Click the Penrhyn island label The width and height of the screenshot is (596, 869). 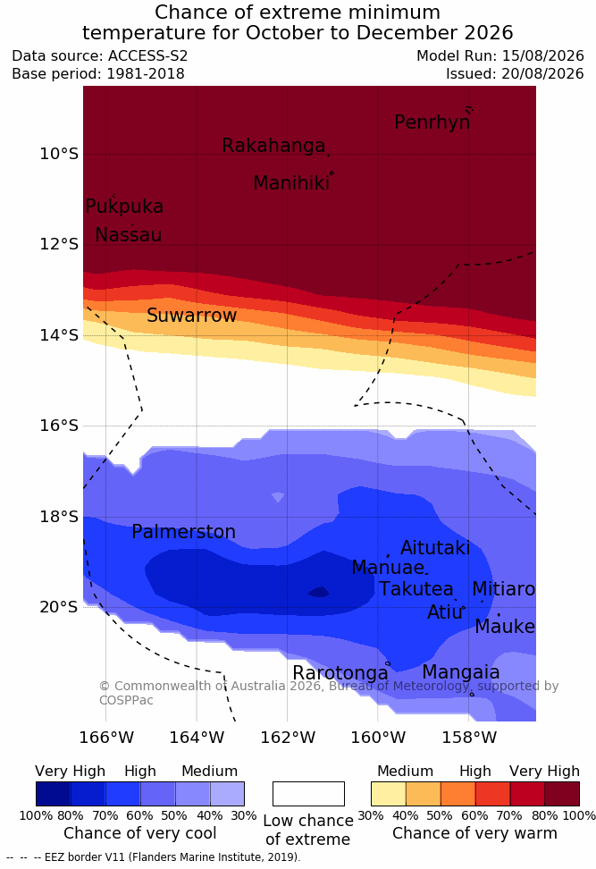point(432,122)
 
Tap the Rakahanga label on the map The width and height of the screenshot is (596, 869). point(273,146)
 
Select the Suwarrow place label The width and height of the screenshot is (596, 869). point(191,316)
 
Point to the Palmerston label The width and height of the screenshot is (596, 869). point(183,532)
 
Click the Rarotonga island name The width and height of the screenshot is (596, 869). point(340,673)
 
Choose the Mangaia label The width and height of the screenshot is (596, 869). point(461,673)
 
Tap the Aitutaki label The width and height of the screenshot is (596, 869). point(435,548)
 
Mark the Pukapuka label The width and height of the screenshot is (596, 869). point(124,207)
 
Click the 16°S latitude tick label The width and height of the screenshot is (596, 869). point(59,426)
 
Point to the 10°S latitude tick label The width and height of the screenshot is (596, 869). point(59,154)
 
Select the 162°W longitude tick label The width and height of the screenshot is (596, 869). point(288,738)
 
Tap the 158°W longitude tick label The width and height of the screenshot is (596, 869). point(469,738)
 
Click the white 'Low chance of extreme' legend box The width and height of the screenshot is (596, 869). point(308,794)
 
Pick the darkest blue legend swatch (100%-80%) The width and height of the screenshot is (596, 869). point(54,794)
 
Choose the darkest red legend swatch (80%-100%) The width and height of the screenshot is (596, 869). point(562,794)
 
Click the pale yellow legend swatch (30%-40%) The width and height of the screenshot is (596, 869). point(389,794)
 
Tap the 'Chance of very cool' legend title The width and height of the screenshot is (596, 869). point(139,833)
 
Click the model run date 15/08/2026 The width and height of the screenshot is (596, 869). point(543,56)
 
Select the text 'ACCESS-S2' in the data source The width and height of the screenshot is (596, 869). point(148,56)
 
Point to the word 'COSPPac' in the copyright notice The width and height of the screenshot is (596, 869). point(126,700)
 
